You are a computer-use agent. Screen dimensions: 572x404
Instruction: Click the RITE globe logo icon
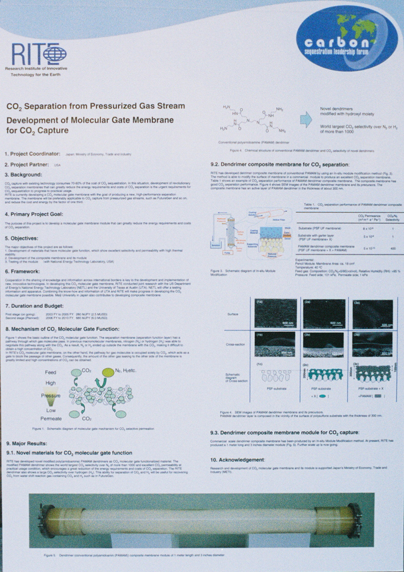(55, 54)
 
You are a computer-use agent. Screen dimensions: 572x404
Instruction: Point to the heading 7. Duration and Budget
(38, 306)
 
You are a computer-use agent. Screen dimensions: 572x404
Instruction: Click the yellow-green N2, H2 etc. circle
(108, 372)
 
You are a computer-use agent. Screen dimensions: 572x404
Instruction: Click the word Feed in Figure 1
(51, 372)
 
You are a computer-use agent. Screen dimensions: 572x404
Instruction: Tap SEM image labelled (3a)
(372, 314)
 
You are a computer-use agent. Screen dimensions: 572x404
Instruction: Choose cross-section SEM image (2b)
(324, 345)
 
